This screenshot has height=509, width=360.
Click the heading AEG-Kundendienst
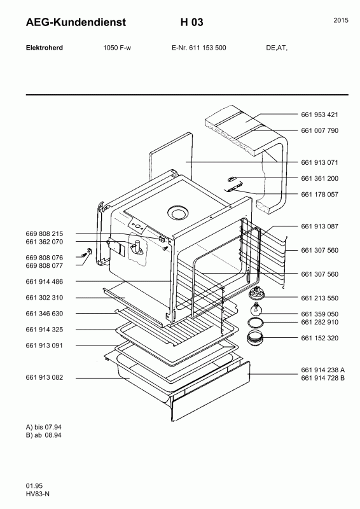pyautogui.click(x=76, y=22)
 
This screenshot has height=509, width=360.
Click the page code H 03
pyautogui.click(x=192, y=22)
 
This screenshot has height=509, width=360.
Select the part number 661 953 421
pyautogui.click(x=319, y=115)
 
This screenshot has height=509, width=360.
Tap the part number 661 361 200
pyautogui.click(x=319, y=178)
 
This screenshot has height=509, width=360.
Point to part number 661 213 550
pyautogui.click(x=319, y=298)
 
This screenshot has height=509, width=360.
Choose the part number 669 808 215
pyautogui.click(x=44, y=234)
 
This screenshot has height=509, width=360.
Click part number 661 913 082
pyautogui.click(x=44, y=377)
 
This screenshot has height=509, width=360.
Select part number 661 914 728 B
pyautogui.click(x=322, y=378)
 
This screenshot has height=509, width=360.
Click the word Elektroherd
pyautogui.click(x=44, y=48)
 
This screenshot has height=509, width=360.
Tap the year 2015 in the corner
pyautogui.click(x=341, y=20)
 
